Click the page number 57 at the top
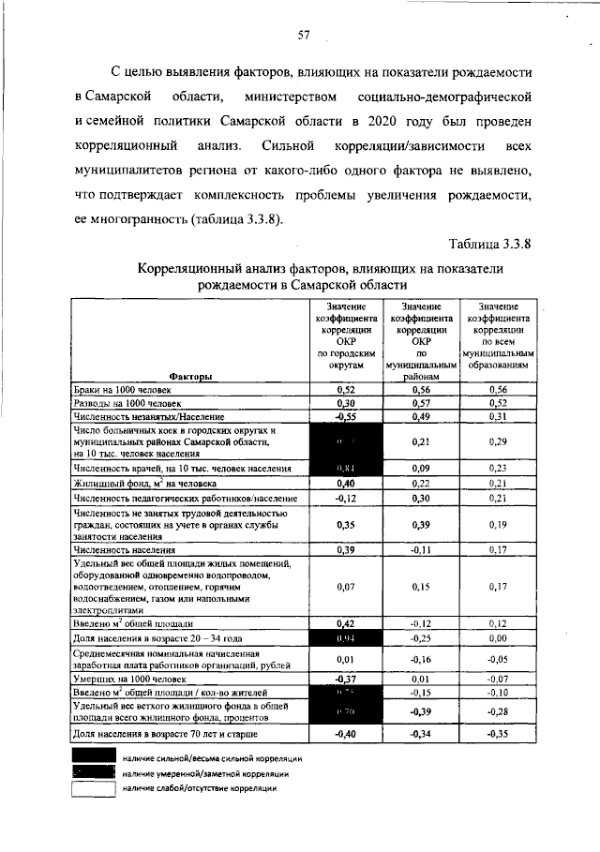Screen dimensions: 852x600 pyautogui.click(x=304, y=36)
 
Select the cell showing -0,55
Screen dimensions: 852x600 pyautogui.click(x=345, y=416)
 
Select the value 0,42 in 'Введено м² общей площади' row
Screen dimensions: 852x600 pyautogui.click(x=345, y=622)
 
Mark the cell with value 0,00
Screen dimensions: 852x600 pyautogui.click(x=498, y=637)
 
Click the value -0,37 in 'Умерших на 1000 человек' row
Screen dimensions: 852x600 pyautogui.click(x=345, y=678)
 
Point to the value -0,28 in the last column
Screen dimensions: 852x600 pyautogui.click(x=498, y=711)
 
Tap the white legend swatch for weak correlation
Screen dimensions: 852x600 pyautogui.click(x=93, y=790)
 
